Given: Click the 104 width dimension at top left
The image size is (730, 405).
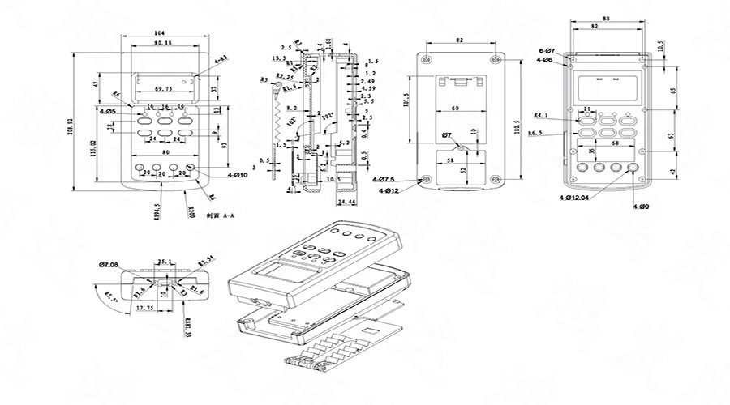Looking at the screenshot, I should [x=159, y=32].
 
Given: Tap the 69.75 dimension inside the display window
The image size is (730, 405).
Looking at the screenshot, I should [x=163, y=87].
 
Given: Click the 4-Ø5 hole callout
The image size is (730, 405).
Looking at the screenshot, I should [x=107, y=111].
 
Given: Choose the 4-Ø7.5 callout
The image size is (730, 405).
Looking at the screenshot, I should [x=384, y=178].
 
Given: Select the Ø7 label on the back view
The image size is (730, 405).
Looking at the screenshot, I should [x=446, y=134].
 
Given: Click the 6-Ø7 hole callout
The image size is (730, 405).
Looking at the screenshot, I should [x=546, y=51].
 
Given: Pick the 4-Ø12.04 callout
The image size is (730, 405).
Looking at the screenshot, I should [x=573, y=197].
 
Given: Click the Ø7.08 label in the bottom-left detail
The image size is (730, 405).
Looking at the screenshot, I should [x=109, y=265].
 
